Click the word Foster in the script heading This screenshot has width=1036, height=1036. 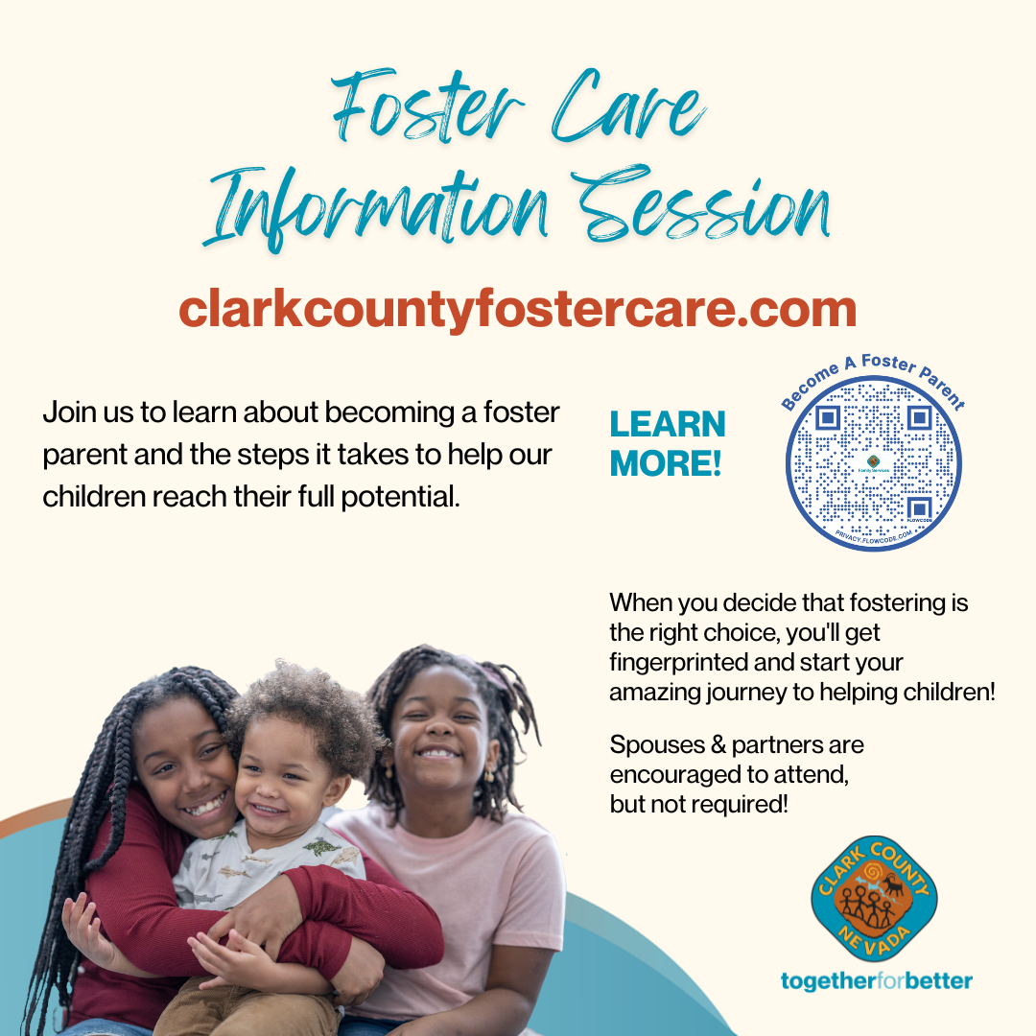(428, 106)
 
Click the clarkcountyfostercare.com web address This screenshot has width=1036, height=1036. (518, 309)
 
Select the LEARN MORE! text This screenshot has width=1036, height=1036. (668, 443)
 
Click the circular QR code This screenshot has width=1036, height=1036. (873, 463)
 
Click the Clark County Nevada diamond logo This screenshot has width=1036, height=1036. (874, 899)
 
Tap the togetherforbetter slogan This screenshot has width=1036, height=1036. (876, 981)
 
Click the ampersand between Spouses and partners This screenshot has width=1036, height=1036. (718, 744)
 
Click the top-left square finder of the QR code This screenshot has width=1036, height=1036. (828, 417)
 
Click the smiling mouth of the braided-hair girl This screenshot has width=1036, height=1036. (206, 806)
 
